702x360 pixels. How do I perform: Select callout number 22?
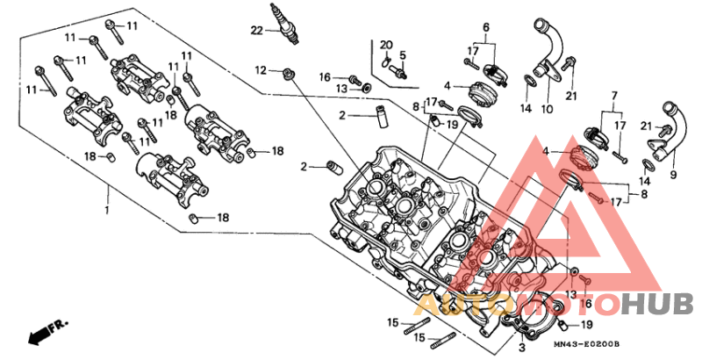click(x=256, y=32)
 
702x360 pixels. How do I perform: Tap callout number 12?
click(x=261, y=69)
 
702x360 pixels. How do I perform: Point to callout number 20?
click(x=387, y=44)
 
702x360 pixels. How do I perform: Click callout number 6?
click(x=484, y=28)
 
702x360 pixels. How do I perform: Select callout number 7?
click(x=614, y=94)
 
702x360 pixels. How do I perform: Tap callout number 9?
click(x=675, y=174)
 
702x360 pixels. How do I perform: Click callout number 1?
click(x=108, y=211)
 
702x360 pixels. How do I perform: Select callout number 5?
click(x=403, y=54)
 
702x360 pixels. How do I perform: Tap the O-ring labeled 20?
click(x=387, y=62)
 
